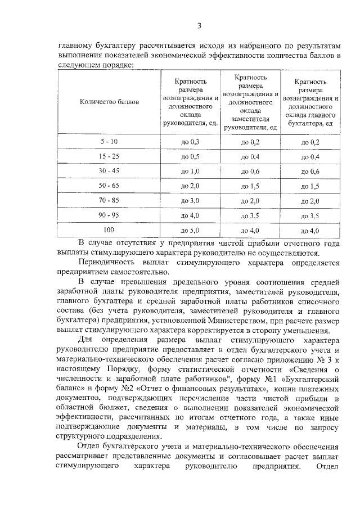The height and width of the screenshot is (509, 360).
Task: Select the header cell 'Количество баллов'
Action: click(109, 102)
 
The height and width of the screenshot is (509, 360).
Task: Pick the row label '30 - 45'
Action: click(109, 170)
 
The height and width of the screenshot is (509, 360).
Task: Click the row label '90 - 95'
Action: click(109, 214)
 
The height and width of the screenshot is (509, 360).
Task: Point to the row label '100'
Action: click(109, 229)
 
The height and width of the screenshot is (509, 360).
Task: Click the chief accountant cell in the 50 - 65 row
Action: click(310, 186)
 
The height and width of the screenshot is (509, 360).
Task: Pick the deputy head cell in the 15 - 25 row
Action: click(250, 156)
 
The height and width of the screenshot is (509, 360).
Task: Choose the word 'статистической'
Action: click(183, 369)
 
